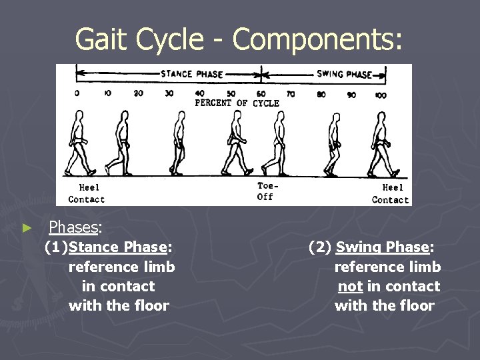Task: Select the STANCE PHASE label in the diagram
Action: click(191, 74)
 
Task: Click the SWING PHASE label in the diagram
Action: click(344, 75)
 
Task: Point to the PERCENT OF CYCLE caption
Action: click(237, 103)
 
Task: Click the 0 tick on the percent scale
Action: click(77, 93)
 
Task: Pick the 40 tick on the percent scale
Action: click(200, 94)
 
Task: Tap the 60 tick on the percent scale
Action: click(261, 94)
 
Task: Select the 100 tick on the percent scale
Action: click(380, 95)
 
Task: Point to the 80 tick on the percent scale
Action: click(321, 95)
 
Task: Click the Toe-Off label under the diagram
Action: click(265, 191)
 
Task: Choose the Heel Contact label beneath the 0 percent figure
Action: click(87, 193)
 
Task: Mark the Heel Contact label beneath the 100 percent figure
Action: click(390, 194)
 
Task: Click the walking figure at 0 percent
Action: click(80, 143)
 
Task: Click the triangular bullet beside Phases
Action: click(27, 228)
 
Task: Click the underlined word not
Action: click(350, 287)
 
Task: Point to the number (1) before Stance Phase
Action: click(56, 248)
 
